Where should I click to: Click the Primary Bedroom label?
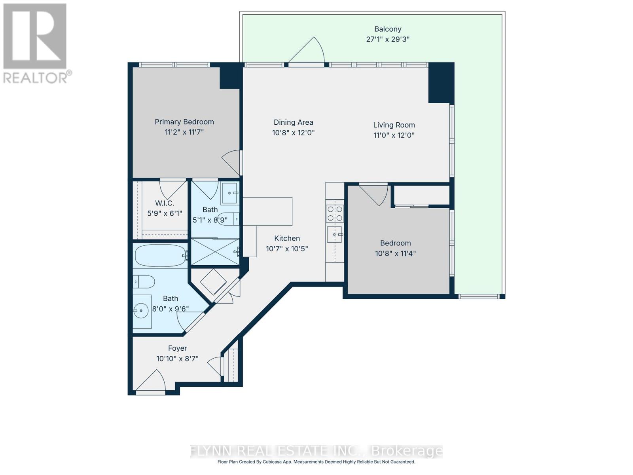click(184, 122)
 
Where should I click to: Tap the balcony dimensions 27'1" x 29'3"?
click(388, 39)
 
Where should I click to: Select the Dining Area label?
click(293, 122)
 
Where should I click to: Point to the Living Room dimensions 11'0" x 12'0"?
click(394, 135)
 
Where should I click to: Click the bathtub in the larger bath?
click(160, 256)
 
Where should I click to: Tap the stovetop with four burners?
click(335, 214)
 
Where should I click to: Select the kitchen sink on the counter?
click(334, 234)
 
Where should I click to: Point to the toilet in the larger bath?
click(143, 282)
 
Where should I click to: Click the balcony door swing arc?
click(311, 51)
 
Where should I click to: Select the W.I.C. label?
click(165, 203)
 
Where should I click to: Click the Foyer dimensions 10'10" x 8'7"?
click(177, 359)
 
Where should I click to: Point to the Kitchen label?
click(287, 238)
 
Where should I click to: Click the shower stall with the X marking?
click(215, 252)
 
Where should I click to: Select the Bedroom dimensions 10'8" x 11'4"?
click(395, 253)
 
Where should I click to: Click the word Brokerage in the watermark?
click(407, 451)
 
